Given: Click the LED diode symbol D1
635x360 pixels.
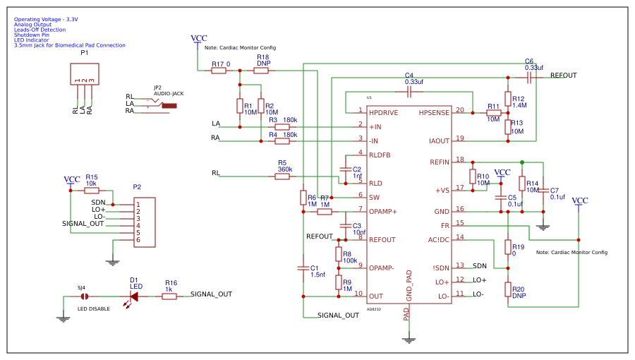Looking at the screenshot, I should (x=133, y=296).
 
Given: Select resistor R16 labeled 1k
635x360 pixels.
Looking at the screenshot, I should (x=169, y=296).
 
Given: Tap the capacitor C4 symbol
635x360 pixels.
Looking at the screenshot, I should (x=409, y=92).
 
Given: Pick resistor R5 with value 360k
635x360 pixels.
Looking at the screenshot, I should (x=282, y=176).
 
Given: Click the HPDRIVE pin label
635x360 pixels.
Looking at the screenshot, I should (x=383, y=112).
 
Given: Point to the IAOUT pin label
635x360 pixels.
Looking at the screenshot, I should (x=439, y=140).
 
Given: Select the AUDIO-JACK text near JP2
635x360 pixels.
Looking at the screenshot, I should (x=169, y=93).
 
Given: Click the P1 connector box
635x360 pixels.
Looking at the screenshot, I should (x=85, y=73).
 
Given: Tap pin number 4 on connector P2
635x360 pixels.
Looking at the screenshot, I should (x=138, y=226).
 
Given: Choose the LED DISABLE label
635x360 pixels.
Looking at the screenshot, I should (x=94, y=308).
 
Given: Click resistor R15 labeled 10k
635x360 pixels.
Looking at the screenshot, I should (x=92, y=190).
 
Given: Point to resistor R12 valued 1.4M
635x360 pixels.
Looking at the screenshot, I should (x=508, y=99).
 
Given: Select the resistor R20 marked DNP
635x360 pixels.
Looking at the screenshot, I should (x=508, y=289).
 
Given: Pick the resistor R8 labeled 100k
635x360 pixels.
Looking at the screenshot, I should (x=339, y=254).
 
